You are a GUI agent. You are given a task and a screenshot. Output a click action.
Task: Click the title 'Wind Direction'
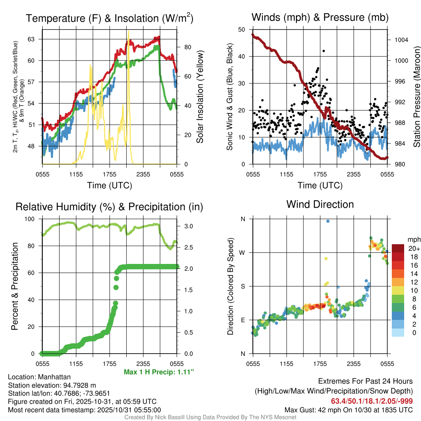(x=320, y=204)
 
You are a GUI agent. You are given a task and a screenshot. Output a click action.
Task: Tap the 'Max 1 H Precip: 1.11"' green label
(x=159, y=372)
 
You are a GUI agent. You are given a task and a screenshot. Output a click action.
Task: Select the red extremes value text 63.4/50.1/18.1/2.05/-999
(x=372, y=401)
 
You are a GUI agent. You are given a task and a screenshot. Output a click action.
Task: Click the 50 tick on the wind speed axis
(x=242, y=30)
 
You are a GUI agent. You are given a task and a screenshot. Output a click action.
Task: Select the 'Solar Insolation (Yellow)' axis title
(x=201, y=97)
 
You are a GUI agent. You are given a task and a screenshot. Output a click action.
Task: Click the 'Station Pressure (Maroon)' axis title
(x=416, y=97)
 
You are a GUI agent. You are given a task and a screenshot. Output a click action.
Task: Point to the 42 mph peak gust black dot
(x=324, y=51)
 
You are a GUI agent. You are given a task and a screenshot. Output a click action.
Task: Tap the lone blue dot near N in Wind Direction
(x=328, y=221)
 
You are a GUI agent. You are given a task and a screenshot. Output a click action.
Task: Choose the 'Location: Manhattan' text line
(x=39, y=377)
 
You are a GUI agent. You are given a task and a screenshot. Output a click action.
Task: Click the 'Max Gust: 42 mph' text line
(x=349, y=409)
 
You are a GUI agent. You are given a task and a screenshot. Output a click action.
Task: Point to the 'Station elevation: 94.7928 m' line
(x=52, y=385)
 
